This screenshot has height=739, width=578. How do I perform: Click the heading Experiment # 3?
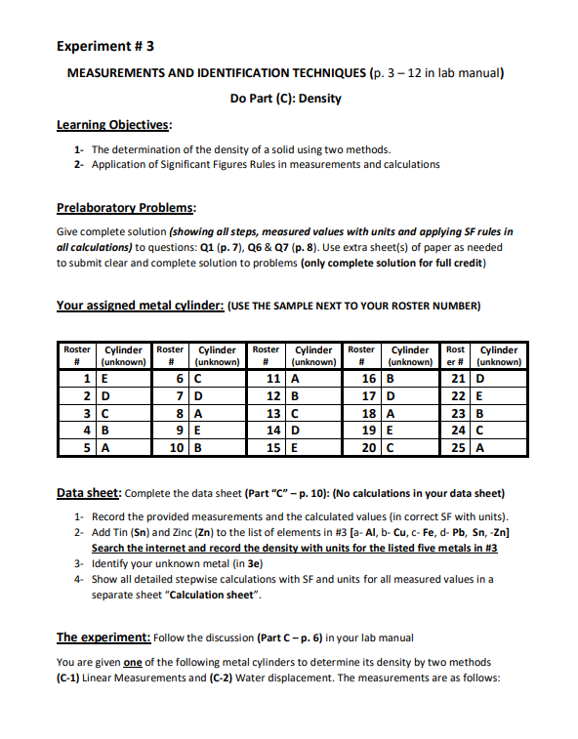(105, 46)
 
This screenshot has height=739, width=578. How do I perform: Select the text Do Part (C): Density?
(285, 99)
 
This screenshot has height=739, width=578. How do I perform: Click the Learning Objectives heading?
(114, 124)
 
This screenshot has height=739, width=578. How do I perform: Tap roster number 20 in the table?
(367, 448)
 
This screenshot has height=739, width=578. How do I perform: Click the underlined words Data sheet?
(89, 493)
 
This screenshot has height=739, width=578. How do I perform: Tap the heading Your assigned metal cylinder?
(140, 306)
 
